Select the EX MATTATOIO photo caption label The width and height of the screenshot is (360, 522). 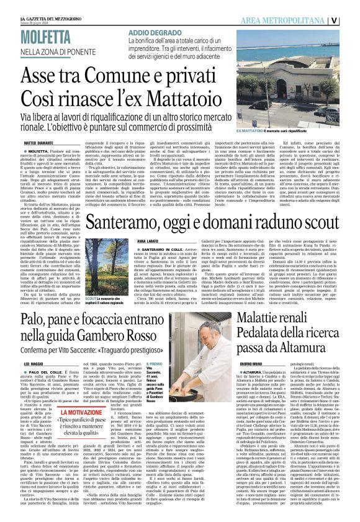click(x=252, y=132)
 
